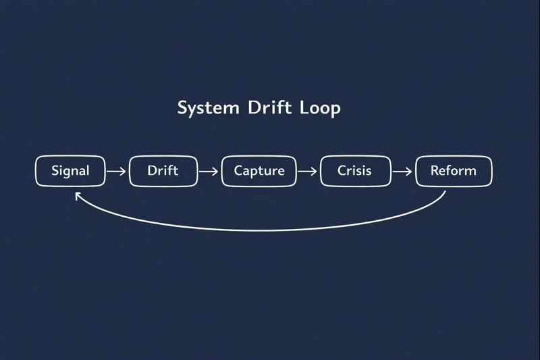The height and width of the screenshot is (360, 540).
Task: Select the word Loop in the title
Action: [x=322, y=108]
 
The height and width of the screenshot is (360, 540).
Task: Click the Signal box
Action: [x=70, y=171]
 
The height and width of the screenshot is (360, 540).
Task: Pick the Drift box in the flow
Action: [x=163, y=171]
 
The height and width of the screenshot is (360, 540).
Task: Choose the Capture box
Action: [x=259, y=171]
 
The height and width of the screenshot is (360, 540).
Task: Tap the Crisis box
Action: [x=355, y=171]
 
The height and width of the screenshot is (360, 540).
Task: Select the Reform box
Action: [x=453, y=171]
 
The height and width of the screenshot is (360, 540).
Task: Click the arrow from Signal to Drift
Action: [x=117, y=171]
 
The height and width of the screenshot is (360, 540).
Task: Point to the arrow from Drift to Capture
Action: [x=209, y=171]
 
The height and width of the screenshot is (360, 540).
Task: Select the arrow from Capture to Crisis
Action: [x=307, y=171]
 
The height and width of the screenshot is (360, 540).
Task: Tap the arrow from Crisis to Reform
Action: [x=402, y=171]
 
